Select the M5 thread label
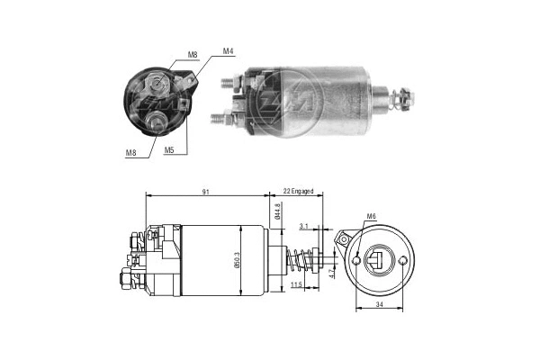pyautogui.click(x=168, y=150)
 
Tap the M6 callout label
pyautogui.click(x=372, y=217)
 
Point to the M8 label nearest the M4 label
pyautogui.click(x=192, y=55)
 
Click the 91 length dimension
pyautogui.click(x=208, y=191)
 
